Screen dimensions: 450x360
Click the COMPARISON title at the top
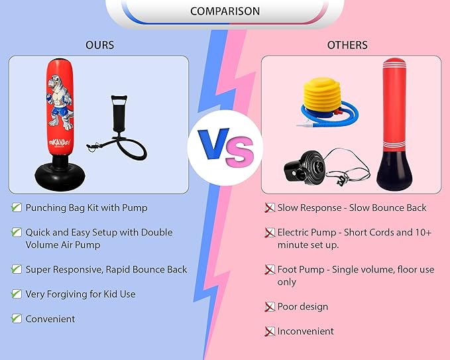pos(225,11)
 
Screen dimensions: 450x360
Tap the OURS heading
pos(99,45)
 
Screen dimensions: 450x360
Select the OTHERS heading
pos(347,45)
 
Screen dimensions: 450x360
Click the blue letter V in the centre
pos(213,144)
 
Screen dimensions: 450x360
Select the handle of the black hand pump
pos(119,100)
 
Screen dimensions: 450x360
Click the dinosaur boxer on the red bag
pos(60,102)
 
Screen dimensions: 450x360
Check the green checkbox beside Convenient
pos(17,318)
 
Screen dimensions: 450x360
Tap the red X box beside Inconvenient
pos(270,331)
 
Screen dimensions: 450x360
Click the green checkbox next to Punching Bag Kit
pos(17,208)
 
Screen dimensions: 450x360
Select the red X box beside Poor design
pos(270,306)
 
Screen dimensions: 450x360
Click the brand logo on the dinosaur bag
pos(60,142)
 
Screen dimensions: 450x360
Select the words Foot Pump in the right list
pos(301,270)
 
